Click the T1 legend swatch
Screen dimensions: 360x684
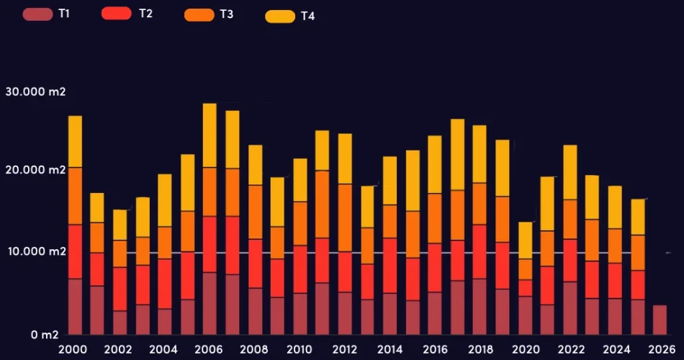coord(37,14)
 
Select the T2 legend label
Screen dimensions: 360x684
coord(145,14)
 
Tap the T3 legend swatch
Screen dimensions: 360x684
coord(199,14)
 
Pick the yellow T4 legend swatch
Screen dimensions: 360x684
coord(280,16)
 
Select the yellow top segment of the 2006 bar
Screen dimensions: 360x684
coord(210,135)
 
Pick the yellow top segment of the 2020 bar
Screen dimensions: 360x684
coord(526,240)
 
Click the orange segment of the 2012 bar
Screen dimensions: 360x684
coord(345,217)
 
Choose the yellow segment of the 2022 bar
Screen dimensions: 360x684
coord(570,172)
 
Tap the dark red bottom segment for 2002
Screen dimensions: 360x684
coord(120,322)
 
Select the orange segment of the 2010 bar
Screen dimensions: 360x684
coord(300,223)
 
